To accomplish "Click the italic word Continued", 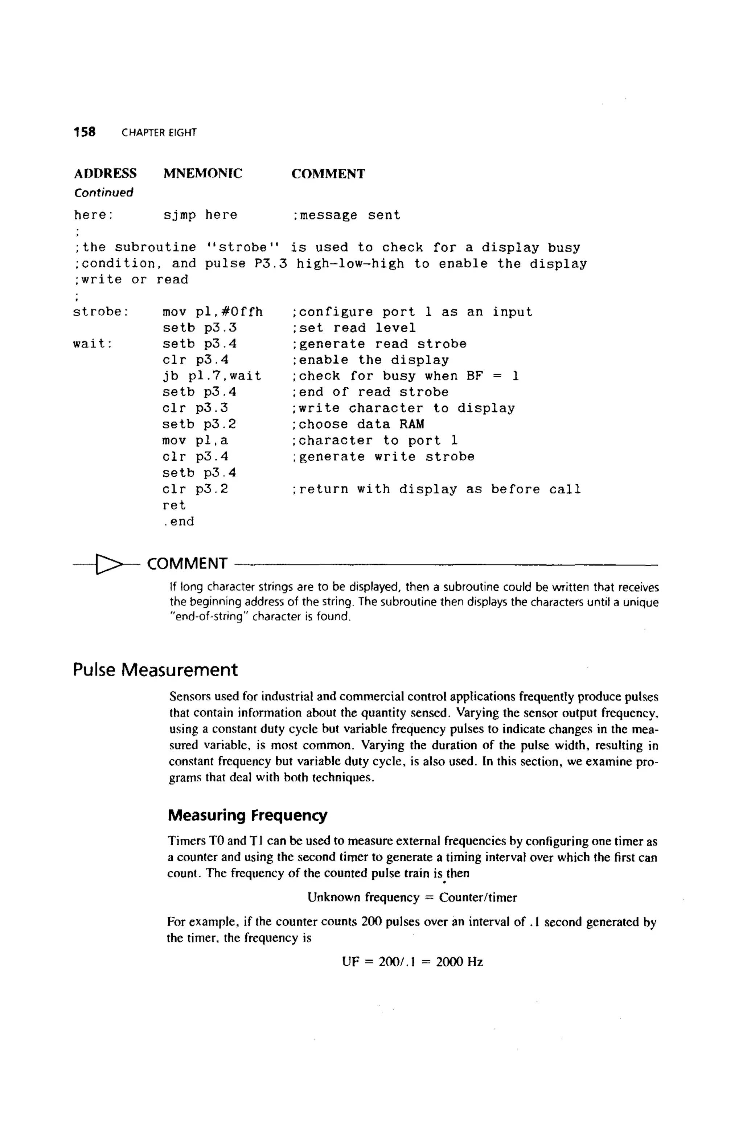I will point(103,193).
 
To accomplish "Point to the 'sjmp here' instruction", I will point(200,215).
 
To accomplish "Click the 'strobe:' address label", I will point(100,312).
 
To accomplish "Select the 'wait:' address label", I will point(93,344).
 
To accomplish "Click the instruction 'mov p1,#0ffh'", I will point(212,312).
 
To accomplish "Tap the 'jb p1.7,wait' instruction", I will point(212,376).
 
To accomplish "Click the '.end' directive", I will point(178,521).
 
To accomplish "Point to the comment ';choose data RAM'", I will point(358,424).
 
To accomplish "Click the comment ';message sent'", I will point(346,215).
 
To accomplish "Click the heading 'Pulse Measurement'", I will point(155,670).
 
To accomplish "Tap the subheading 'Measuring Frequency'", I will point(247,815).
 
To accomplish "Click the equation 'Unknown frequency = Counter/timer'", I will point(412,898).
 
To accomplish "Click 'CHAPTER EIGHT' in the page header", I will point(159,133).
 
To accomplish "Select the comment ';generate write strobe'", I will point(383,456).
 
